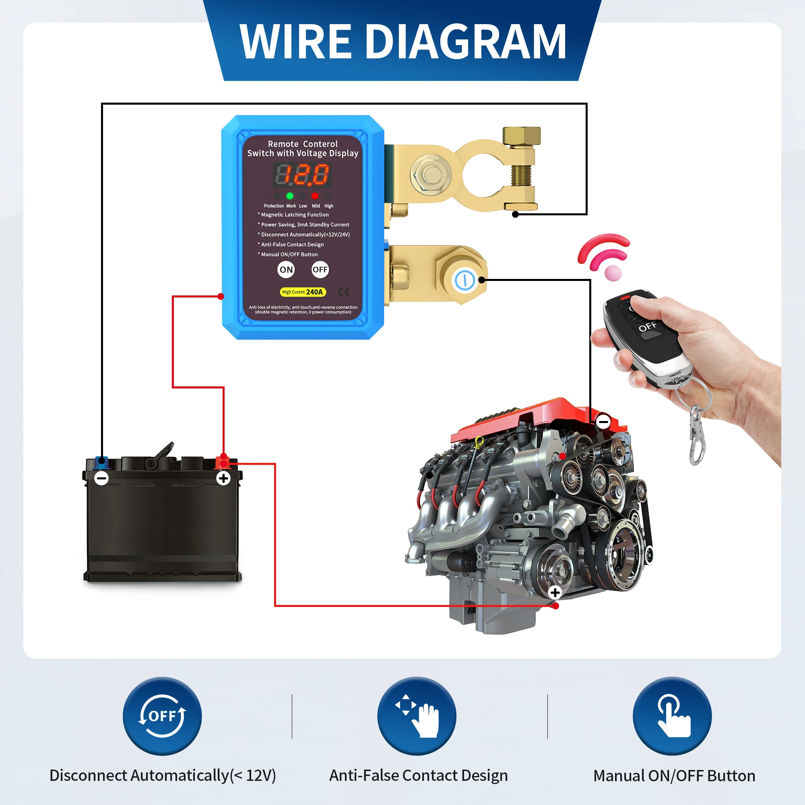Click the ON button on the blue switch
286,270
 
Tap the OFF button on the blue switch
320,270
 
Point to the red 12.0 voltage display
303,175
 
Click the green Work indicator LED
289,196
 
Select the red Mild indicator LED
315,196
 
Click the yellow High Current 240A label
303,292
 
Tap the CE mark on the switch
344,292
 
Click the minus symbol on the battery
102,478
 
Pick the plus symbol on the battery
223,478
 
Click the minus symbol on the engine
603,422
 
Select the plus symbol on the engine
555,592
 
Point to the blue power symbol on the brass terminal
464,280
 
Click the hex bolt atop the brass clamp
521,136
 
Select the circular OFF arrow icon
162,716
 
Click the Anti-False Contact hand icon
417,716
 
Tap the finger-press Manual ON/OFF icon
672,716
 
